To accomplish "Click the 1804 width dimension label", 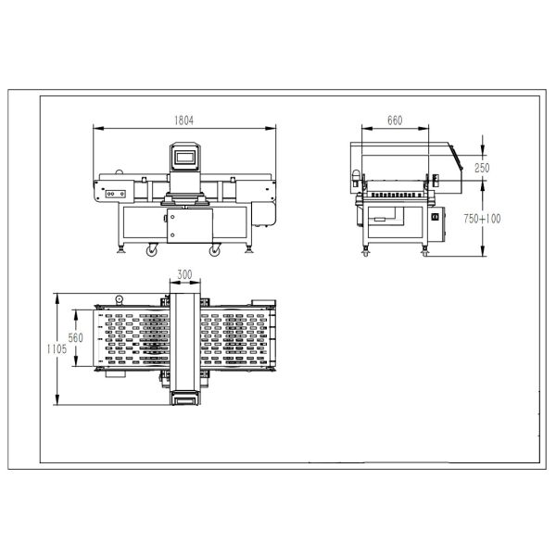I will [186, 120].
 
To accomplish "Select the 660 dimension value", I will [394, 120].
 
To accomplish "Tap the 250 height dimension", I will [482, 168].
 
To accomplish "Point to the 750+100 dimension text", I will [481, 219].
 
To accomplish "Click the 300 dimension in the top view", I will [184, 275].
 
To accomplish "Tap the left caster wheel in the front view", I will [151, 249].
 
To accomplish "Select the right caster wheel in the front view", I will [215, 249].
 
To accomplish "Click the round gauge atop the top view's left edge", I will [120, 298].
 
